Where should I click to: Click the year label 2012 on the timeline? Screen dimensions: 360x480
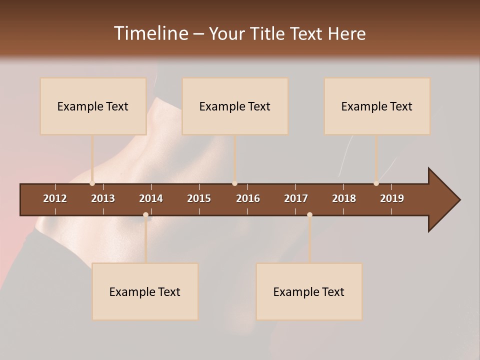(x=55, y=198)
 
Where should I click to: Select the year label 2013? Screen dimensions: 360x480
(x=103, y=198)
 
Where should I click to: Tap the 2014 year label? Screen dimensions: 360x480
(x=151, y=198)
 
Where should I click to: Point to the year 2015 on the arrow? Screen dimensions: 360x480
(x=199, y=198)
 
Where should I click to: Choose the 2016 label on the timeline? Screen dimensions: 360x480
(x=248, y=198)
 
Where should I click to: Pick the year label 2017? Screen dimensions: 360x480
(x=296, y=198)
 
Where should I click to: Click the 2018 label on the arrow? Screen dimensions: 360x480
(x=344, y=198)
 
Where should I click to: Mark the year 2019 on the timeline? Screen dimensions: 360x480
(x=392, y=198)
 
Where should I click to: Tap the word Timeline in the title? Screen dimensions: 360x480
(x=150, y=33)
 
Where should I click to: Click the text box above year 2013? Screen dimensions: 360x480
(x=93, y=106)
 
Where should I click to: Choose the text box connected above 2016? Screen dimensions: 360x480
(x=235, y=106)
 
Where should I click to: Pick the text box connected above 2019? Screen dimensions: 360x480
(x=377, y=106)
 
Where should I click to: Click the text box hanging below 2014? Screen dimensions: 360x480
(x=145, y=291)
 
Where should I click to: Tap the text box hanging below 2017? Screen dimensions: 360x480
(x=309, y=291)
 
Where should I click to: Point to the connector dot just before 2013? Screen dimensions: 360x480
(x=92, y=183)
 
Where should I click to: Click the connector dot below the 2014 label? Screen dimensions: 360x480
(x=145, y=215)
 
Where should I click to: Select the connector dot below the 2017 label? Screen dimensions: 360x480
(x=309, y=215)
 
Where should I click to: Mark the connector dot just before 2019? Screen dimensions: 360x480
(x=376, y=183)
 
